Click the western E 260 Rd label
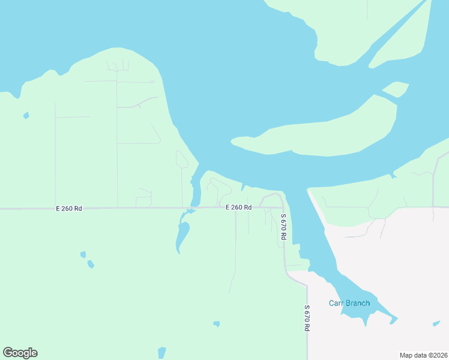(x=69, y=208)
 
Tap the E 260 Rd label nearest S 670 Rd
(x=238, y=207)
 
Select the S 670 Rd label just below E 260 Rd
(x=283, y=227)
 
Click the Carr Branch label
(x=349, y=303)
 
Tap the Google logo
(x=20, y=353)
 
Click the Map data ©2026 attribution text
(x=424, y=355)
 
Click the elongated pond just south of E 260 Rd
(x=182, y=235)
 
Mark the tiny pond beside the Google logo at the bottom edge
(x=161, y=352)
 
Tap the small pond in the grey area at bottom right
(x=436, y=324)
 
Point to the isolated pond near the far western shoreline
(x=26, y=115)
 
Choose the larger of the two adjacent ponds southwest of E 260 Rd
(x=91, y=264)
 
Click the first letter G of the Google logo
(x=7, y=353)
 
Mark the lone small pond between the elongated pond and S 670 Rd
(x=216, y=324)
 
